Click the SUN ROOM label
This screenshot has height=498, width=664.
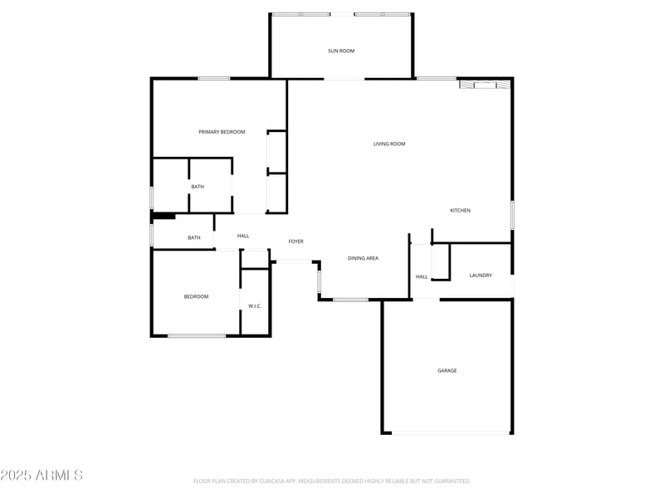coord(340,51)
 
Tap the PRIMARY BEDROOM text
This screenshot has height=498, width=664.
coord(222,132)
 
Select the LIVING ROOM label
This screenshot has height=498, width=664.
coord(389,144)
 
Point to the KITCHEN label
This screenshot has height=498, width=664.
coord(460,211)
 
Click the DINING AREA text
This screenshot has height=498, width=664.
coord(363,259)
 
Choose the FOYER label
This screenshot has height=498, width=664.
coord(295,242)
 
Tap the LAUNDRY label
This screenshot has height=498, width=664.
coord(481,276)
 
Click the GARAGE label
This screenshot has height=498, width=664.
coord(447,371)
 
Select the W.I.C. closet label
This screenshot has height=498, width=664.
coord(255,306)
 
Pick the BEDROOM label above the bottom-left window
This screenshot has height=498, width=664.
coord(196,296)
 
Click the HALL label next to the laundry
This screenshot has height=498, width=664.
coord(422,276)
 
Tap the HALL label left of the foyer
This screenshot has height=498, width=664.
coord(243,237)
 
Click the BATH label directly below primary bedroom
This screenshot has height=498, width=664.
coord(198,187)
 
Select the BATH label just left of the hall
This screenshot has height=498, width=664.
coord(193,238)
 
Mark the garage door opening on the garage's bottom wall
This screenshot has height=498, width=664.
coord(452,432)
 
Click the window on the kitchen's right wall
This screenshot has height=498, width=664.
coord(512,215)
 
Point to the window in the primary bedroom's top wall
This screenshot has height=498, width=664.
coord(213,79)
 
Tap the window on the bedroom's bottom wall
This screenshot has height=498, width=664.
coord(197,335)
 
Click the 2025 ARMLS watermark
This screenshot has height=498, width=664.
coord(41,476)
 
